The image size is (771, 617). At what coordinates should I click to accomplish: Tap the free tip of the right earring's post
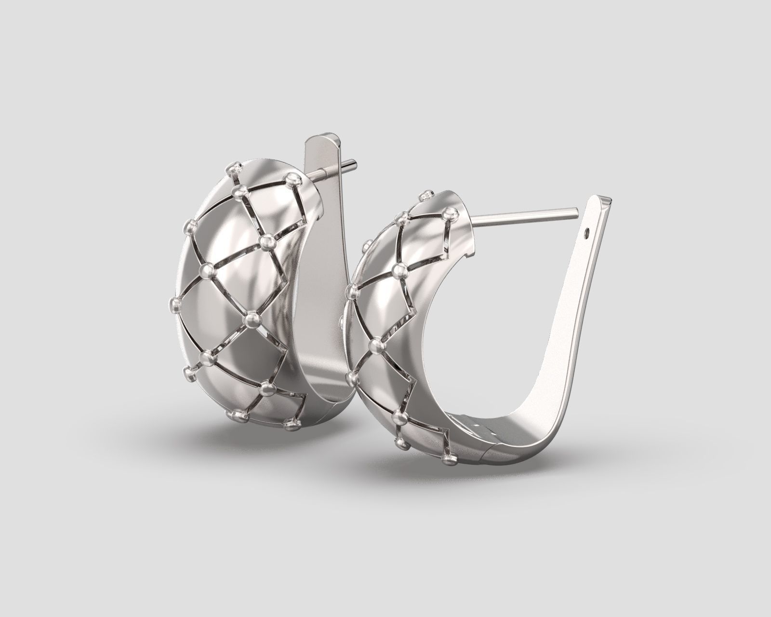(576, 210)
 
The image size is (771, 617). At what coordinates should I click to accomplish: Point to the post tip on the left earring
(354, 162)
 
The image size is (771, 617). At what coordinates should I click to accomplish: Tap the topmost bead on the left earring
(236, 169)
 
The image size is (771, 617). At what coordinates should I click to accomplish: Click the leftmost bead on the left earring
(175, 304)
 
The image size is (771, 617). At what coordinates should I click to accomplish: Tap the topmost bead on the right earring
(425, 195)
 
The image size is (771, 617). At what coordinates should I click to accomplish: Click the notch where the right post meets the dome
(474, 221)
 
